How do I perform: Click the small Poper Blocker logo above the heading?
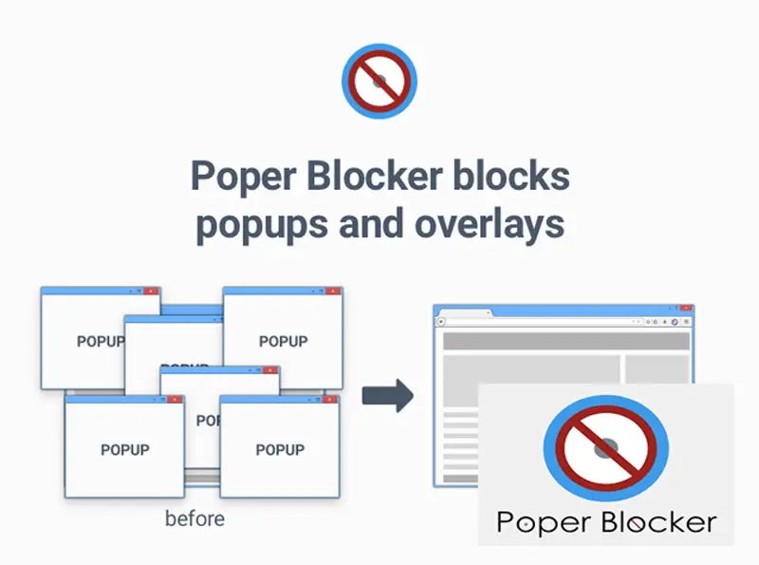pyautogui.click(x=379, y=81)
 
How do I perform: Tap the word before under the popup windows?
pyautogui.click(x=195, y=519)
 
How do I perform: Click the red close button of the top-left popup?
pyautogui.click(x=152, y=291)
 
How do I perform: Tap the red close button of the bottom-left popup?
pyautogui.click(x=175, y=400)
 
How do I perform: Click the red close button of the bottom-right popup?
pyautogui.click(x=331, y=400)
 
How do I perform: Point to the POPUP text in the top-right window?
pyautogui.click(x=283, y=341)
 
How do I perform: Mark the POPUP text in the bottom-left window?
pyautogui.click(x=124, y=449)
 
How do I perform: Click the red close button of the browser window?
pyautogui.click(x=686, y=309)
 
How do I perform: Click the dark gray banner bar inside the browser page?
pyautogui.click(x=566, y=341)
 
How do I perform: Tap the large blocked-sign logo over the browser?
pyautogui.click(x=605, y=446)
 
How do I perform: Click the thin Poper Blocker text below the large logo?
pyautogui.click(x=606, y=522)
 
